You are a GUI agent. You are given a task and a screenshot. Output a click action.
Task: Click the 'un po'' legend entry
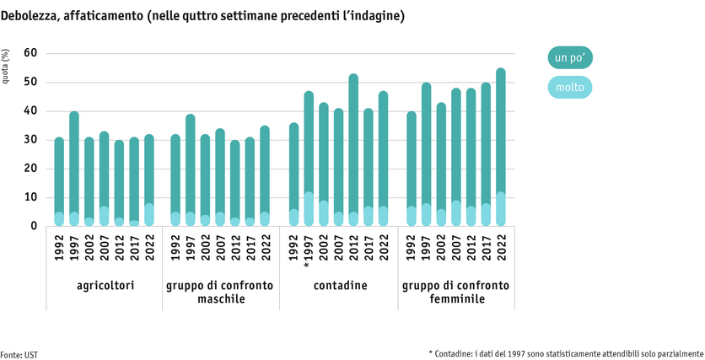570,58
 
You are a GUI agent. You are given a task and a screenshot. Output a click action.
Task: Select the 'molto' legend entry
570,86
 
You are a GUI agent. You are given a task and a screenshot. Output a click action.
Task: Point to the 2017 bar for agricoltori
134,182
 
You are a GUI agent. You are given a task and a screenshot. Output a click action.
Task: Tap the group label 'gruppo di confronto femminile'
455,292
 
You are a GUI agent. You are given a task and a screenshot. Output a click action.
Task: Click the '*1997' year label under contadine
309,250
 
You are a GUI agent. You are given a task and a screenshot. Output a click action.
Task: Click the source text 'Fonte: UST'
19,354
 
